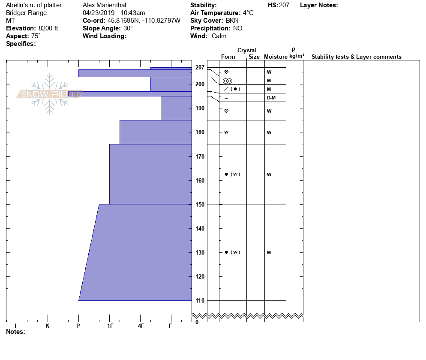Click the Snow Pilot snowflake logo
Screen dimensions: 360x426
point(50,94)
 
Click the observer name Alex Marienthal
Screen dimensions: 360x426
point(104,5)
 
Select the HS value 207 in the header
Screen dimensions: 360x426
point(284,5)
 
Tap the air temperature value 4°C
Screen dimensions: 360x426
point(248,13)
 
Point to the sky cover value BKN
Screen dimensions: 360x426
point(232,21)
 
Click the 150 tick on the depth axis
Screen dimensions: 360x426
point(200,204)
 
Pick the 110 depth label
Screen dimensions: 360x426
point(200,300)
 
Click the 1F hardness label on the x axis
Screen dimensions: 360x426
point(110,326)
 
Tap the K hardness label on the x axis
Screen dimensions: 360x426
point(48,326)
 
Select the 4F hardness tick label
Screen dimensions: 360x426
point(141,326)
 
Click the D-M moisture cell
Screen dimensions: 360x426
point(271,98)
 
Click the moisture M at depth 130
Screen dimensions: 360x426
point(269,252)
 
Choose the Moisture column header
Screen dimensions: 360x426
point(276,57)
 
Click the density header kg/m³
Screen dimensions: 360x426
point(297,56)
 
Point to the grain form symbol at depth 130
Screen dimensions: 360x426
point(230,252)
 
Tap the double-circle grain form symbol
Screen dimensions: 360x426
point(227,81)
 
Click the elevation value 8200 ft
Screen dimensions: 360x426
point(48,28)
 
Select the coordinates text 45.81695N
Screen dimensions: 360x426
point(122,21)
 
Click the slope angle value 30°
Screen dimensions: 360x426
point(128,28)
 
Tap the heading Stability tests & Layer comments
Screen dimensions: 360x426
point(356,57)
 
